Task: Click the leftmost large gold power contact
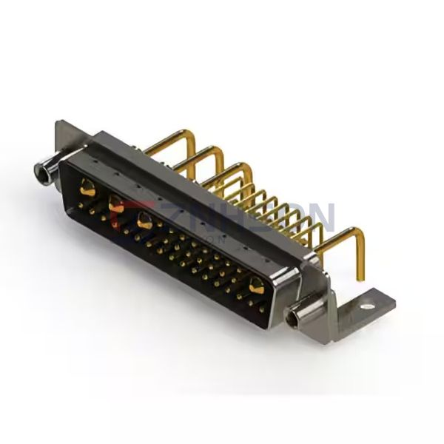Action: pos(87,188)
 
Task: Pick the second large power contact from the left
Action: pos(115,203)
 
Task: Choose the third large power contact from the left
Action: pos(144,220)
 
